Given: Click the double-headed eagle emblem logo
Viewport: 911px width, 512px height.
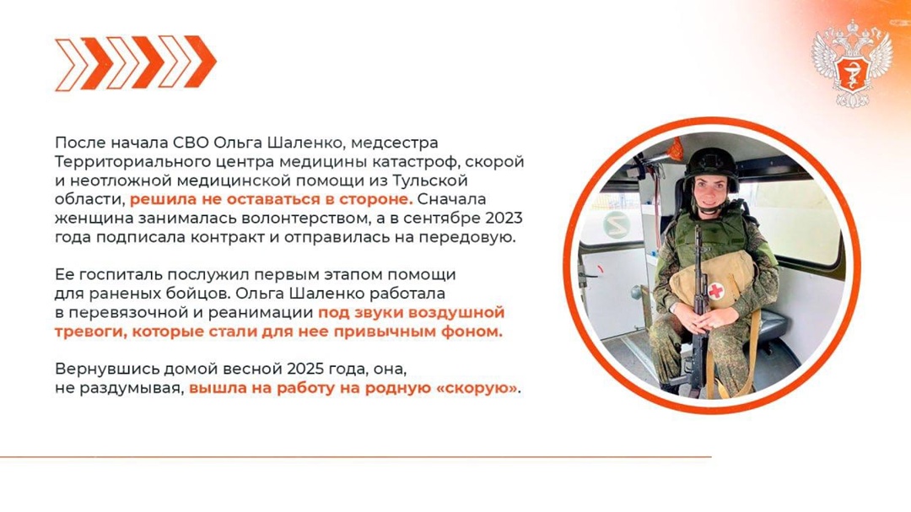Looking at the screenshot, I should (852, 63).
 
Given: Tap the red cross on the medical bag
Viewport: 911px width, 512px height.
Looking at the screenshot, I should (717, 292).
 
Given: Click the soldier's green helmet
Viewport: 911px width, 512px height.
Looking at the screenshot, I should (710, 165).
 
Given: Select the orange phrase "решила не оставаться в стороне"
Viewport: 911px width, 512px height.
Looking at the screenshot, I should (271, 200).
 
